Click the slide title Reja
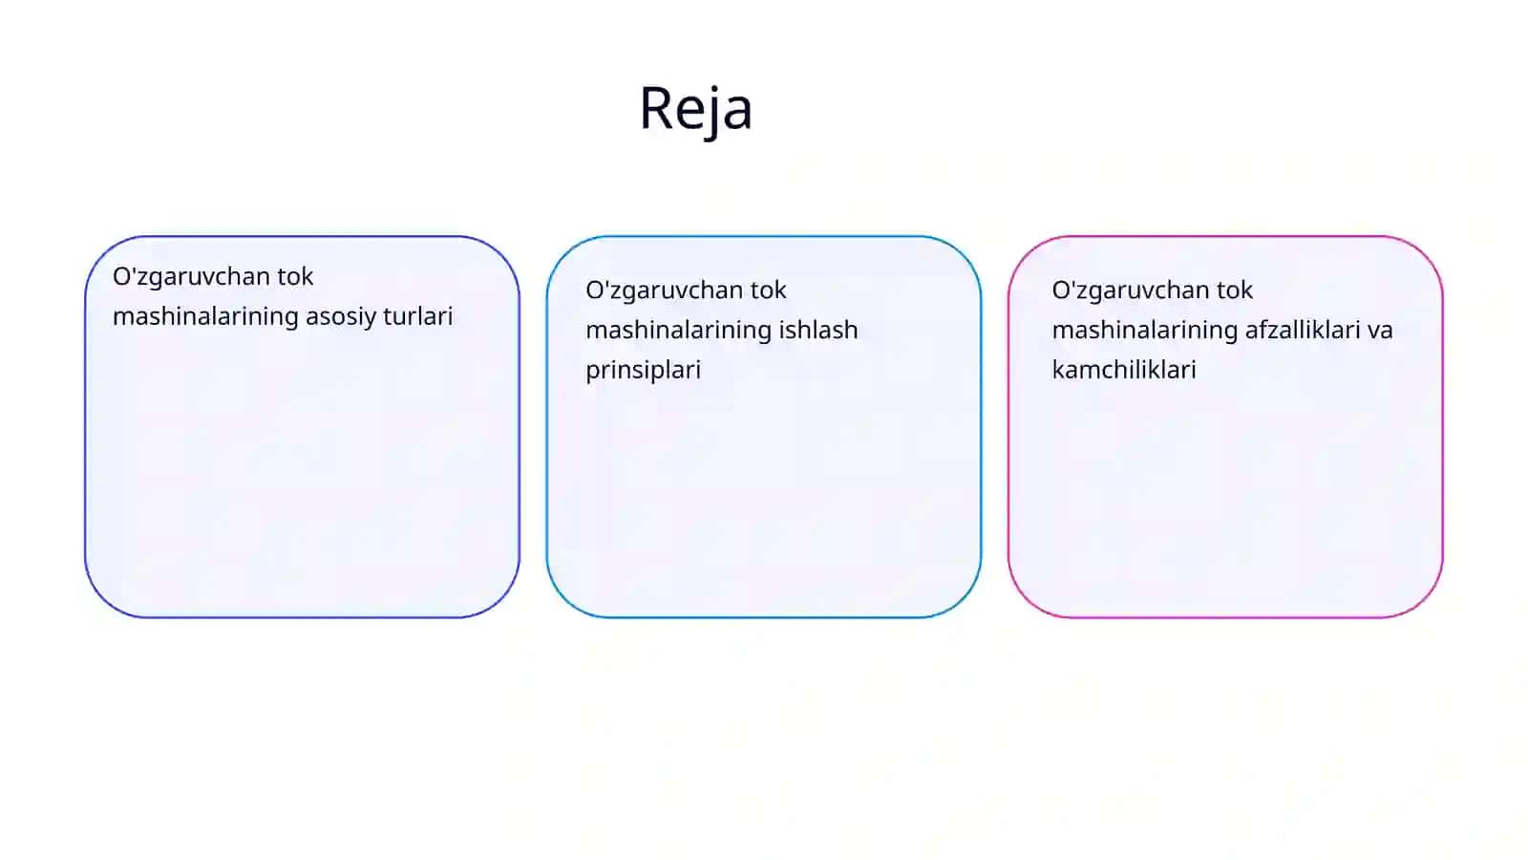[x=696, y=109]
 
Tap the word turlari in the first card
[x=418, y=316]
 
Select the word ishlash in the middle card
[x=818, y=330]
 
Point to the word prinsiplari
[x=644, y=371]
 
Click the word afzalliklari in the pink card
[x=1303, y=330]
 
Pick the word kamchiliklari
[x=1124, y=369]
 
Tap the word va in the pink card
[x=1380, y=332]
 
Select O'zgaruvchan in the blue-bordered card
[x=665, y=291]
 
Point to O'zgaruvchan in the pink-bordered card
[x=1131, y=291]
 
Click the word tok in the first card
[x=295, y=276]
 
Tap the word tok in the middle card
[x=768, y=290]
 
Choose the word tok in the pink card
[x=1235, y=290]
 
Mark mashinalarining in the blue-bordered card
[x=679, y=331]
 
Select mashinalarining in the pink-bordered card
[x=1145, y=331]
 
